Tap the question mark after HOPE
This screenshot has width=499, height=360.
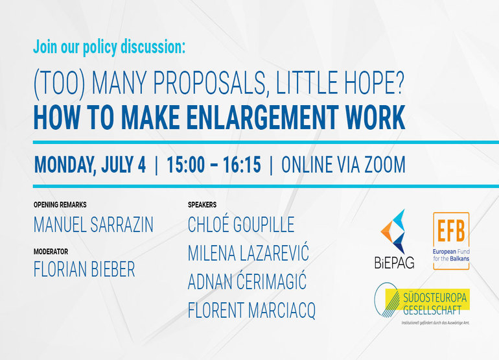tap(398, 83)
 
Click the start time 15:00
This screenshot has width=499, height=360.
tap(186, 165)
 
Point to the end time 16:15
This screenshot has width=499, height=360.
tap(242, 165)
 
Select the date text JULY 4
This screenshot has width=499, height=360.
tap(124, 165)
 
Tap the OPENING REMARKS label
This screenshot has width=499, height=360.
tap(60, 204)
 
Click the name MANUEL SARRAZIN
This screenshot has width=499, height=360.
tap(93, 224)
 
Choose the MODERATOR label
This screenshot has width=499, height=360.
tap(51, 252)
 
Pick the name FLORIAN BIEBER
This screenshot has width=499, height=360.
tap(84, 269)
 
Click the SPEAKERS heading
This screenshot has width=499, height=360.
tap(202, 204)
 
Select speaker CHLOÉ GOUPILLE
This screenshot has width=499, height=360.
tap(241, 224)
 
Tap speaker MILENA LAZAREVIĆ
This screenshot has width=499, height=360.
tap(248, 253)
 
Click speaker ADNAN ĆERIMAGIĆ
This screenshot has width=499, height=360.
tap(247, 282)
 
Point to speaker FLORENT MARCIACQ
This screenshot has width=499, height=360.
tap(251, 310)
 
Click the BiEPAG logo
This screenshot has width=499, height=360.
tap(394, 239)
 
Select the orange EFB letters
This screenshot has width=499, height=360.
tap(451, 230)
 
